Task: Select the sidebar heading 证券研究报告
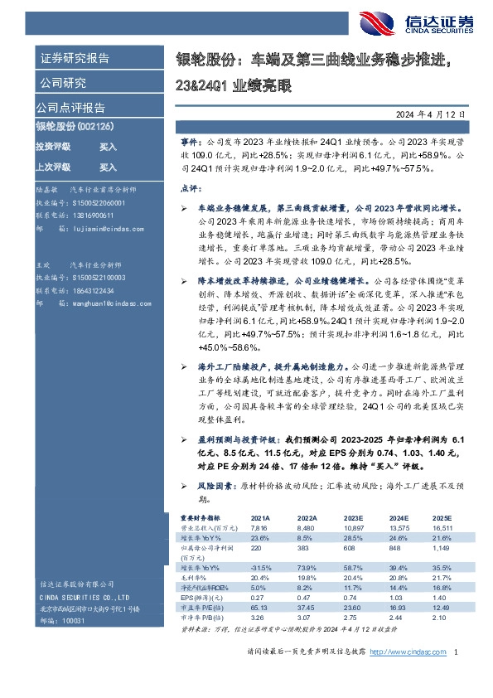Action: [x=75, y=58]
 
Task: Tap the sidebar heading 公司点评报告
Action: [x=70, y=107]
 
